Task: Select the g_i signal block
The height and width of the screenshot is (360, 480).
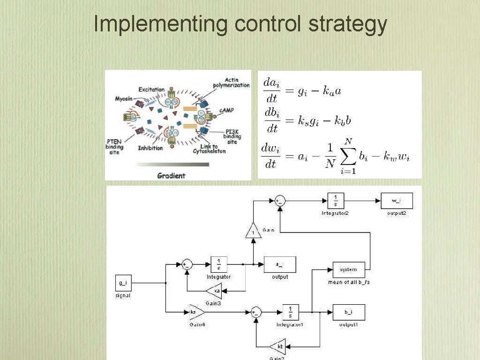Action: click(x=123, y=283)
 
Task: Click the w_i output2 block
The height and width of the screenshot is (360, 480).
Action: click(x=397, y=201)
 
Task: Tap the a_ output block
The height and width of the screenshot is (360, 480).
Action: click(x=280, y=264)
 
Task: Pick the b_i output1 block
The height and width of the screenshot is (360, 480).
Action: click(x=349, y=312)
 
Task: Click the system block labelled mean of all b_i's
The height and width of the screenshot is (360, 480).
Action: click(x=349, y=270)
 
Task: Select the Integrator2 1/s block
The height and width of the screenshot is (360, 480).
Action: click(x=336, y=201)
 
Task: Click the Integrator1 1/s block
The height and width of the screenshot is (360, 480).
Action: click(x=291, y=312)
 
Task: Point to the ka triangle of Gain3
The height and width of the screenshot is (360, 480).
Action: click(x=216, y=291)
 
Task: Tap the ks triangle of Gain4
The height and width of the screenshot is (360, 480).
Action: click(x=195, y=312)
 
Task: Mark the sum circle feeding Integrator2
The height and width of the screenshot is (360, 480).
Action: click(x=280, y=201)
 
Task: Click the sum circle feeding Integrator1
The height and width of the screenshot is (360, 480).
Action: click(x=256, y=312)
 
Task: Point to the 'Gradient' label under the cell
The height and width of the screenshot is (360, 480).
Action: click(x=171, y=175)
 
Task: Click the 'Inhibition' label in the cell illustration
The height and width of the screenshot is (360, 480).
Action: click(x=150, y=148)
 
